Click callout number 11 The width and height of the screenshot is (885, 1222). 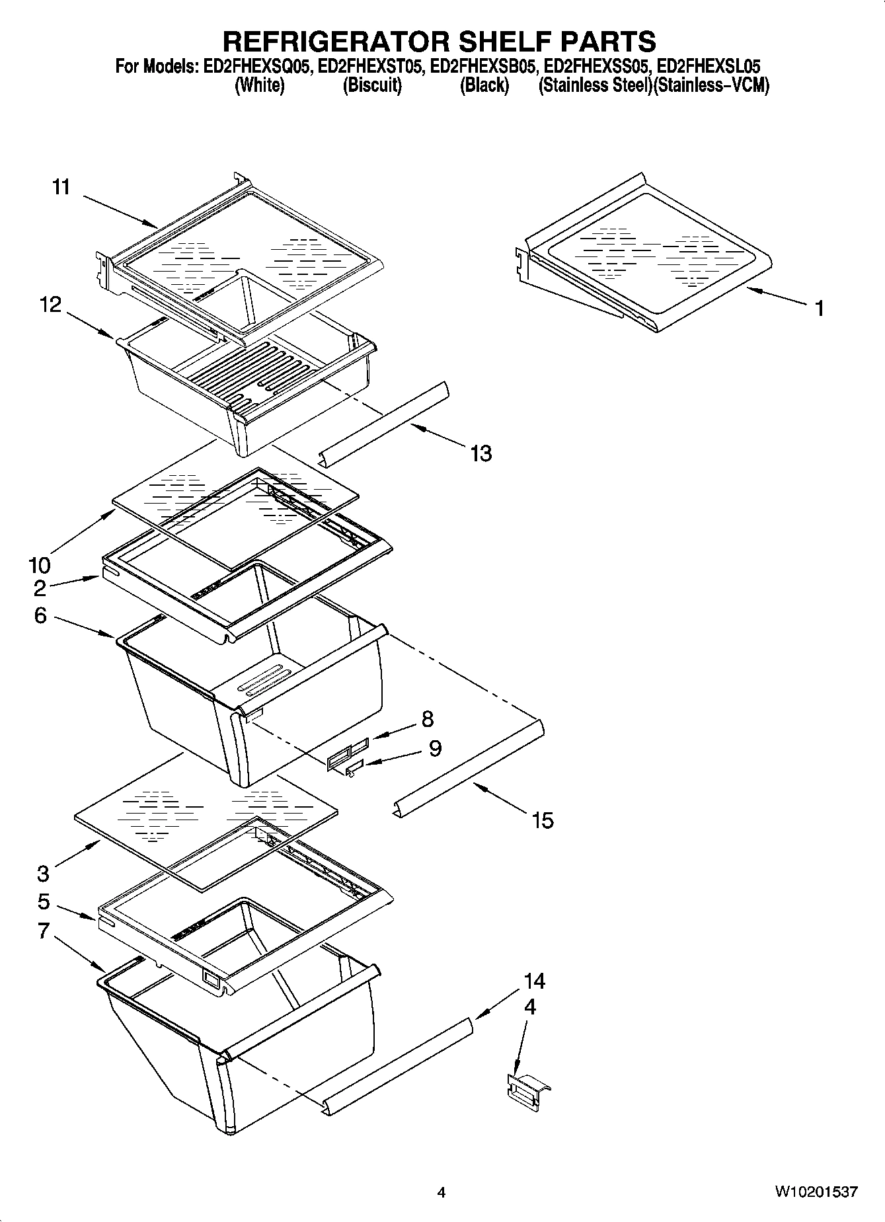point(61,187)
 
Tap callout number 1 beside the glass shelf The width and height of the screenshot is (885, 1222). point(819,308)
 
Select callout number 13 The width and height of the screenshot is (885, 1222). point(481,453)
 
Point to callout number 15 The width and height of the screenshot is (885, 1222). point(542,820)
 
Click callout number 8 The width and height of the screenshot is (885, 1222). point(428,718)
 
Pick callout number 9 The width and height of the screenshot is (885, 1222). point(435,747)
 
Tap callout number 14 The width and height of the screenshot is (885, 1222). point(534,981)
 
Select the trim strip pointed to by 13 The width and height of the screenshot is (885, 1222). point(383,423)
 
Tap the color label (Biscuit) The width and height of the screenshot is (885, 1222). point(371,85)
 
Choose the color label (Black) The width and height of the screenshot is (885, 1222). point(484,85)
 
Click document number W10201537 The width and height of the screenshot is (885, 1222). point(816,1192)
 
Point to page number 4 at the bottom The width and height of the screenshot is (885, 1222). point(442,1192)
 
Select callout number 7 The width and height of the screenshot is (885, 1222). point(43,931)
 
